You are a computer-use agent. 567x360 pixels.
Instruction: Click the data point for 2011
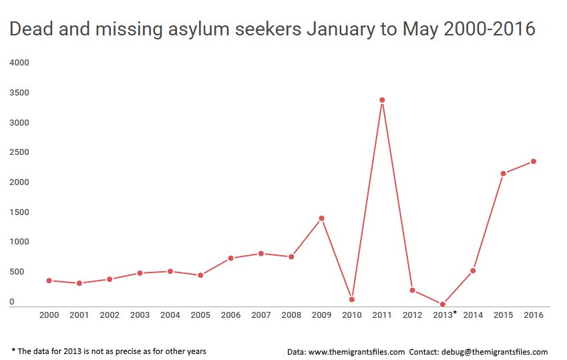point(382,100)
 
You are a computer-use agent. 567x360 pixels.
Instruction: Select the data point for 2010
point(352,299)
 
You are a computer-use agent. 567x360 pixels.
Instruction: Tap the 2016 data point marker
point(534,161)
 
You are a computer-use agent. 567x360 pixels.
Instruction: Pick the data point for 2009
point(321,218)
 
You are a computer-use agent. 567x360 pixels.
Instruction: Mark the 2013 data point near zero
point(442,304)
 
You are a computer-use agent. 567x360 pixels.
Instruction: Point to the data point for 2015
point(503,174)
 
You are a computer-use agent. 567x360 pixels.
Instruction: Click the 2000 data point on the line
point(49,281)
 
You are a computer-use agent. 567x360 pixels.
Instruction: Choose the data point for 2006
point(230,258)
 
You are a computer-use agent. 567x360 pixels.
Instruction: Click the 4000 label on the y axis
point(19,63)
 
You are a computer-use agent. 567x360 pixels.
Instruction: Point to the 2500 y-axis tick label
point(19,152)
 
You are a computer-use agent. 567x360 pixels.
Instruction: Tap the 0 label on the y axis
point(11,302)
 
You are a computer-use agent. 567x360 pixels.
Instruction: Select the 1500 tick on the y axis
point(19,212)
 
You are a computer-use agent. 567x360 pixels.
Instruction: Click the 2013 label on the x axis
point(442,315)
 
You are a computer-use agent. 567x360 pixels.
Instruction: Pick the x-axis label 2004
point(170,315)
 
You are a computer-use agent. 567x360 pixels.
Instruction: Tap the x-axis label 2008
point(291,315)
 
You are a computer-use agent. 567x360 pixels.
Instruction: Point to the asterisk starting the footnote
point(14,351)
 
